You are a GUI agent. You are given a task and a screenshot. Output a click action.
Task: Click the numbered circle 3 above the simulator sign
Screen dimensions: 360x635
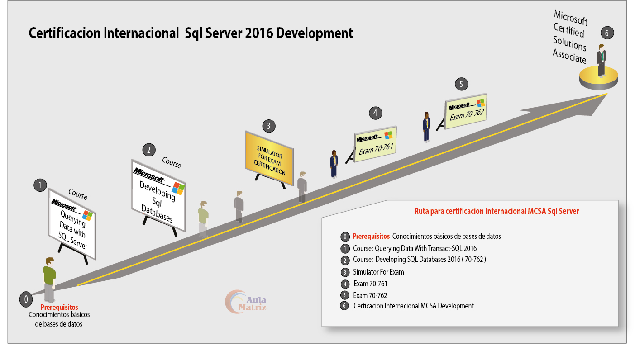pos(268,126)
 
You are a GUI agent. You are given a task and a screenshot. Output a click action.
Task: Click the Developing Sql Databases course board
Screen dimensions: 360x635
pos(158,194)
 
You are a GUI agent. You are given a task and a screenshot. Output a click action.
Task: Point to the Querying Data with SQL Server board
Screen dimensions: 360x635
pos(72,223)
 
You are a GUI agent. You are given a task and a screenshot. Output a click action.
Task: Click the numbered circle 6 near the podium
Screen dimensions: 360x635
pos(607,33)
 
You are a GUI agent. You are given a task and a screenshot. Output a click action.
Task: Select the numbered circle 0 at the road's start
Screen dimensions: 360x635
pos(26,299)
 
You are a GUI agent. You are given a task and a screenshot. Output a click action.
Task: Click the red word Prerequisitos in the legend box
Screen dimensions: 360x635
pos(371,236)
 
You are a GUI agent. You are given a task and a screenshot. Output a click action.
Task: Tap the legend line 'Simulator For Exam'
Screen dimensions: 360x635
pos(378,272)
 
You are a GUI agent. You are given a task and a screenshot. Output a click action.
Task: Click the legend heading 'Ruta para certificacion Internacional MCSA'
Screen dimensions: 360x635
pos(497,211)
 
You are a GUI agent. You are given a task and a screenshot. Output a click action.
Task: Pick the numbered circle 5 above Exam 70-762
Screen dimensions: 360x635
pos(461,84)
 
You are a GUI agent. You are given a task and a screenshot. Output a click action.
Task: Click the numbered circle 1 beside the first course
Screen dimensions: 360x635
pos(40,185)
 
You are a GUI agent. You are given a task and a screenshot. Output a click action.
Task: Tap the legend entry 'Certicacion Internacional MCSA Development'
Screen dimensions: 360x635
pos(413,306)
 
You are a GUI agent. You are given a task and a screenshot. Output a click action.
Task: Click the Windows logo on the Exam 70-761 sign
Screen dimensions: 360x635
pos(388,135)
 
